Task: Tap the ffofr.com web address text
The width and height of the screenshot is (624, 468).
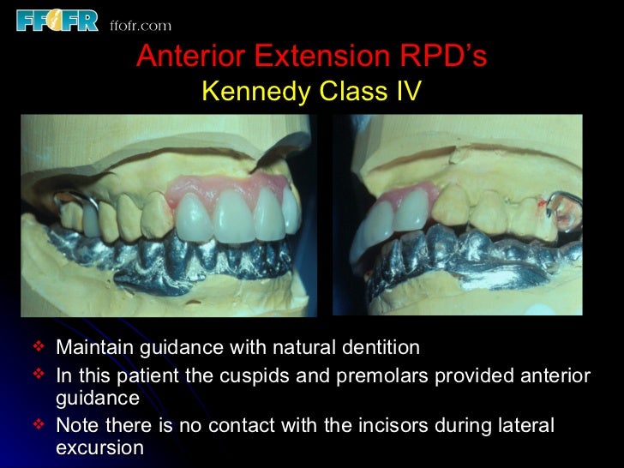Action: pos(141,25)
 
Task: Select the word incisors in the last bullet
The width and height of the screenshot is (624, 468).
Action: pos(391,426)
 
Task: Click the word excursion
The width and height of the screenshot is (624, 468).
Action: pos(98,447)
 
